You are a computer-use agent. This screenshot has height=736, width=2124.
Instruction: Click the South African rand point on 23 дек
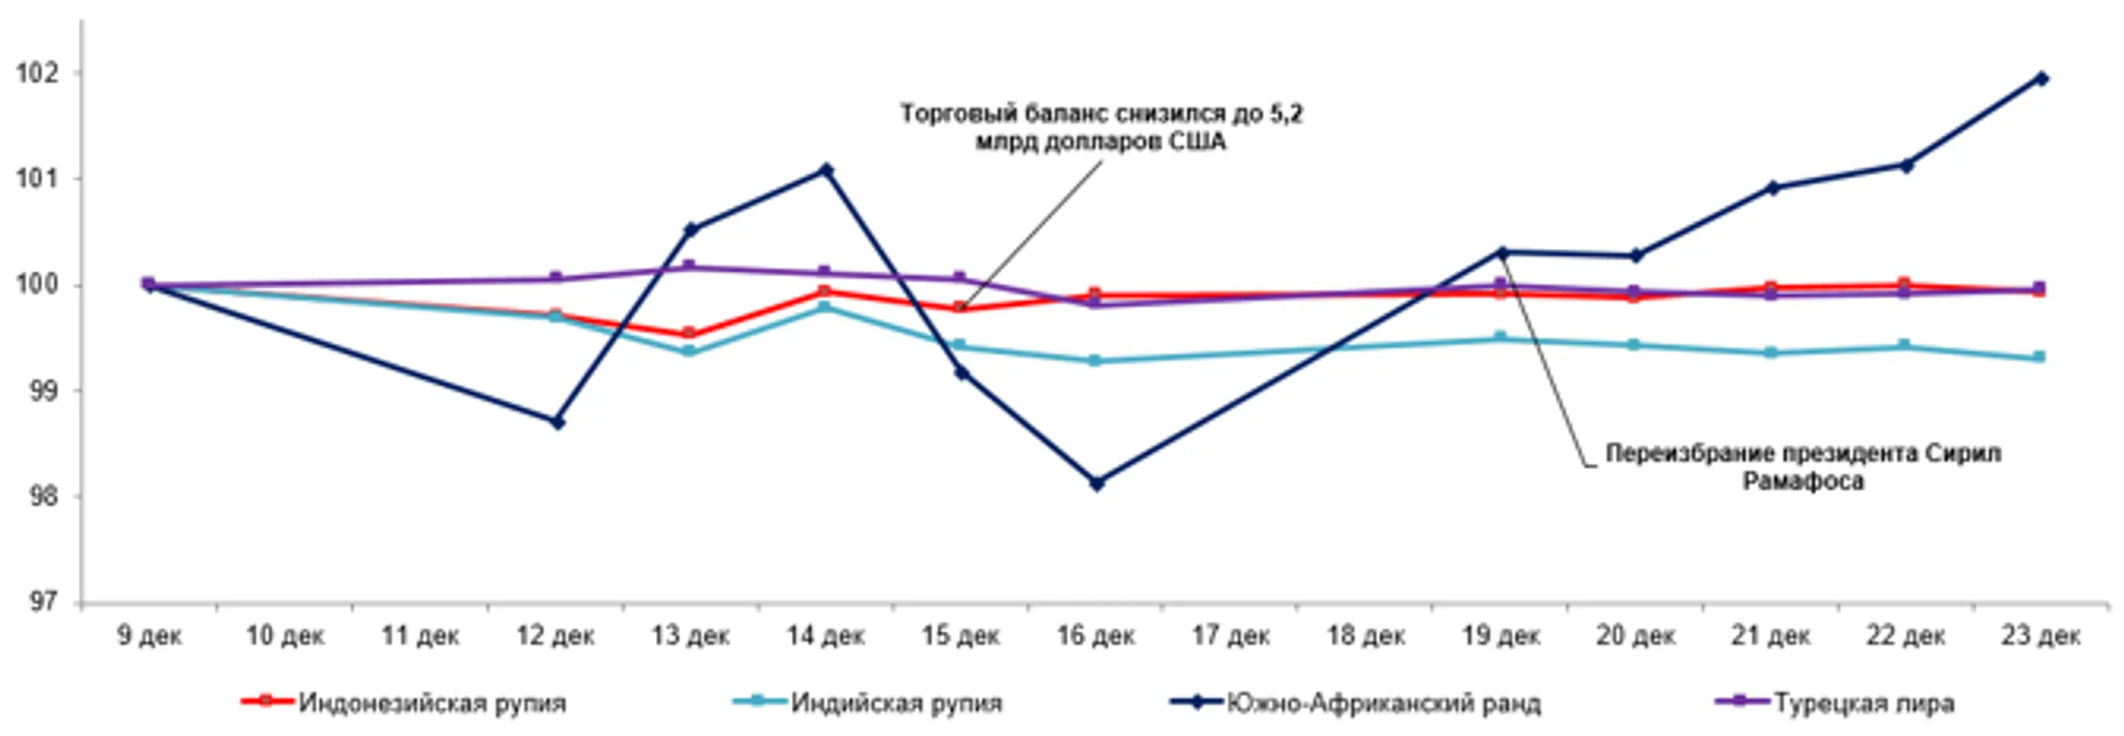(2041, 79)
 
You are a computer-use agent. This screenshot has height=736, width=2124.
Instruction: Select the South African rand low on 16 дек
(1096, 483)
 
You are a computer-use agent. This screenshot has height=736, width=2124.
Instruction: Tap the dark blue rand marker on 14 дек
(826, 170)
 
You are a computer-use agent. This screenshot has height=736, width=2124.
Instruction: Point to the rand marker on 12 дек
(557, 422)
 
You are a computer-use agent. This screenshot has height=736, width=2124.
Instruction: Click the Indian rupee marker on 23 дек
(2039, 357)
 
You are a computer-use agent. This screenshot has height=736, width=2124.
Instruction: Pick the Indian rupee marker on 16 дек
(1095, 361)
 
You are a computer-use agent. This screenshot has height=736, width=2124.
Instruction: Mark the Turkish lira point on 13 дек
(689, 267)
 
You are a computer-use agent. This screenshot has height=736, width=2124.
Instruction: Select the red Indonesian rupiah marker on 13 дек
(689, 334)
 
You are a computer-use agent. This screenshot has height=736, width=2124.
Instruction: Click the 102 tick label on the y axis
(36, 74)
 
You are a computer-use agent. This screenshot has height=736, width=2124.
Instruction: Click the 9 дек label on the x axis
(149, 636)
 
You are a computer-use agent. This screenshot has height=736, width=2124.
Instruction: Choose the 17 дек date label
(1230, 636)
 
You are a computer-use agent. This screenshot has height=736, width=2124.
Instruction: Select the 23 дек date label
(2040, 636)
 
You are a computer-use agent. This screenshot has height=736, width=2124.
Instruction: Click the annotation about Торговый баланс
(1101, 128)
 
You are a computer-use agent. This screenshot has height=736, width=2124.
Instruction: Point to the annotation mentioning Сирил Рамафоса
(1802, 466)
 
